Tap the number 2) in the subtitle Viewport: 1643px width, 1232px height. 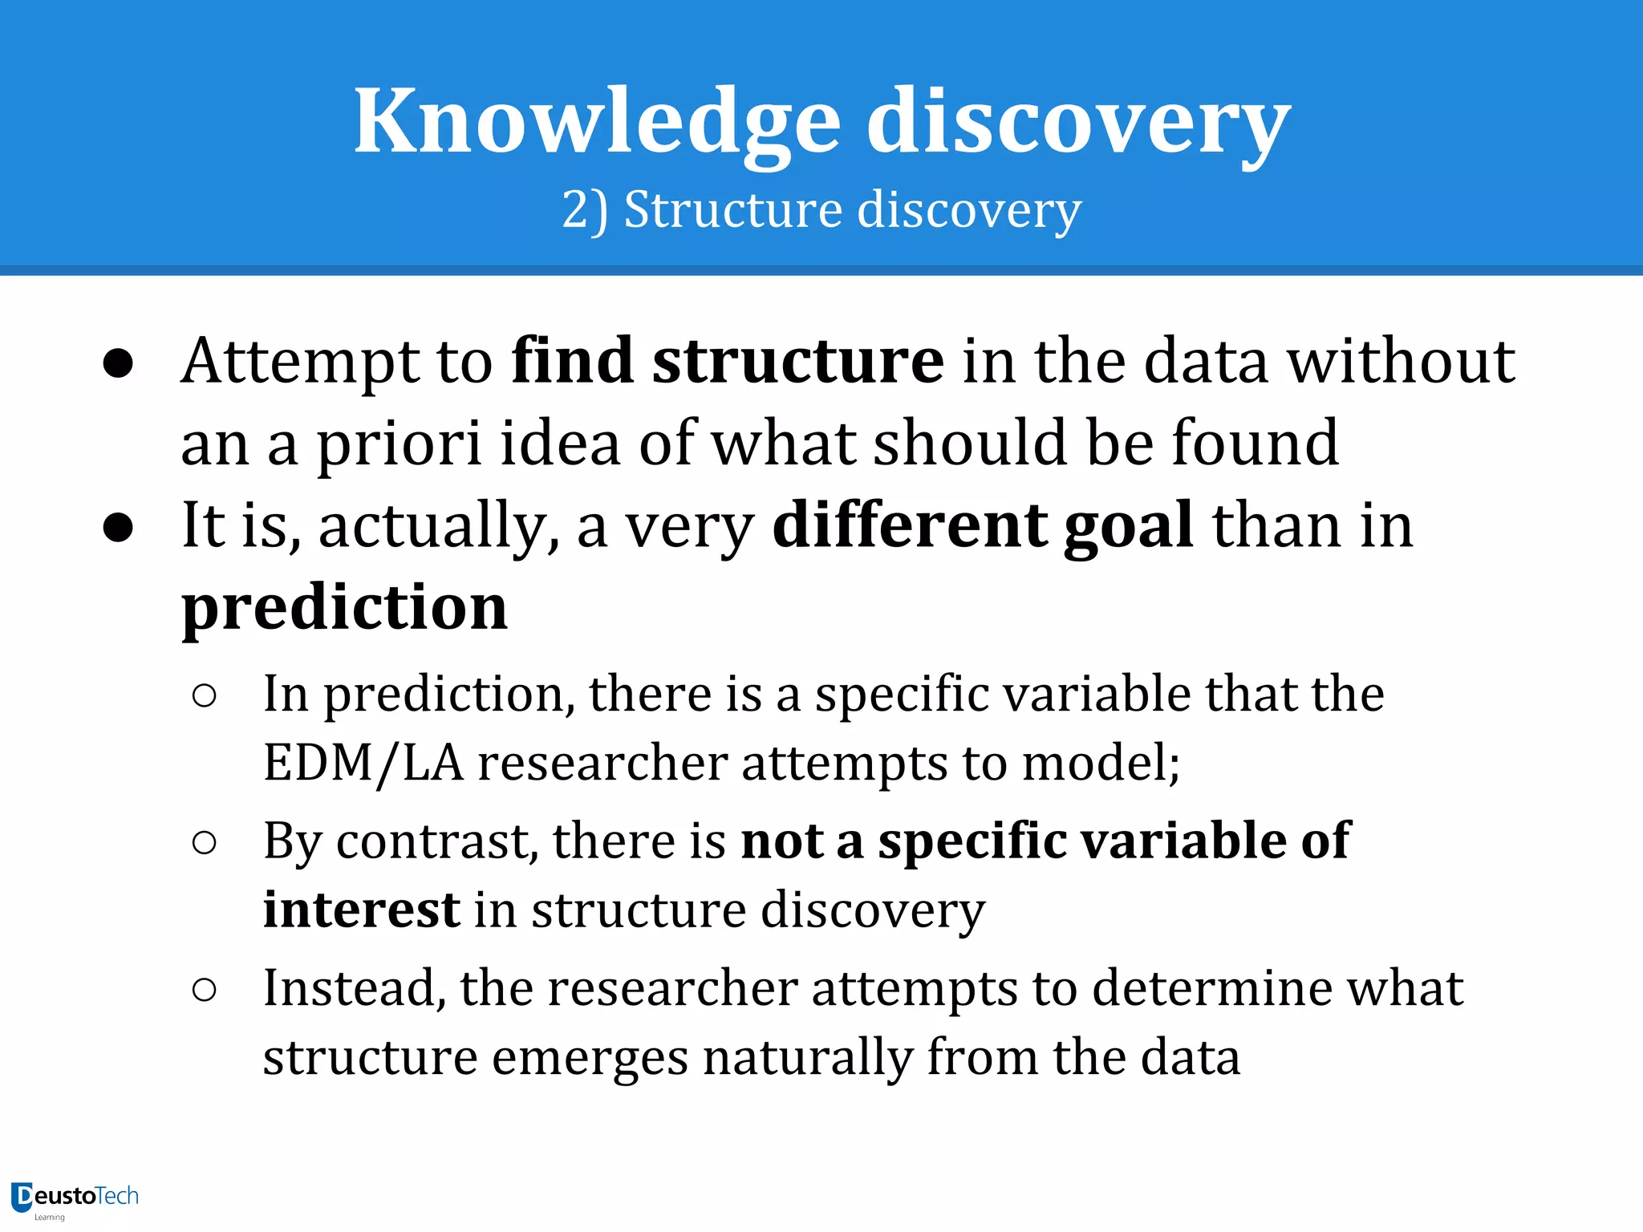click(x=585, y=210)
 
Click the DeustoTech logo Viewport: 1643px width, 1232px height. click(x=75, y=1198)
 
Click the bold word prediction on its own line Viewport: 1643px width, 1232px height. click(x=344, y=607)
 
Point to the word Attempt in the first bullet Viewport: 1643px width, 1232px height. click(x=301, y=362)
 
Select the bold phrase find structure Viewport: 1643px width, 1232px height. click(x=728, y=362)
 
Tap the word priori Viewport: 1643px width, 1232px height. click(x=398, y=444)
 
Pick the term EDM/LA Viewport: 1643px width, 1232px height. click(x=363, y=763)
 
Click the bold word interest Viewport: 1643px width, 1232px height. click(x=361, y=910)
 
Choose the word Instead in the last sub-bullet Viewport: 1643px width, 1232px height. click(x=353, y=988)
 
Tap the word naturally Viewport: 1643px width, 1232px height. click(x=808, y=1057)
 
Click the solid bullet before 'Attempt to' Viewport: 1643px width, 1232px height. click(x=118, y=364)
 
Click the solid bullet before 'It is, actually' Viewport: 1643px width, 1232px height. click(x=118, y=528)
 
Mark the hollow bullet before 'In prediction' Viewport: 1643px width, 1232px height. click(x=205, y=696)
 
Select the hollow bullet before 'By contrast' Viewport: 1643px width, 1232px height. click(x=205, y=843)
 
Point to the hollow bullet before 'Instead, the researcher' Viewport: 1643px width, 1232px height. click(x=205, y=991)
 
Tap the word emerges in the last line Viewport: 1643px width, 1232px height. click(x=590, y=1057)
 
